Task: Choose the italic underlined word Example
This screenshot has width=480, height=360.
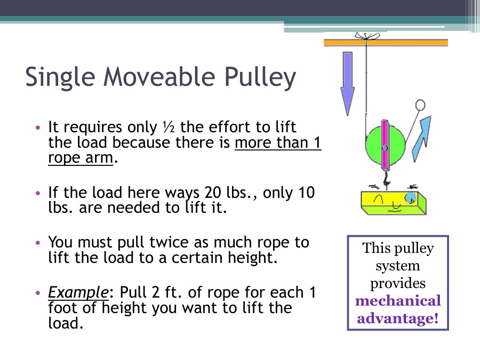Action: [x=78, y=292]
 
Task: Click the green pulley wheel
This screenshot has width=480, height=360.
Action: [x=373, y=144]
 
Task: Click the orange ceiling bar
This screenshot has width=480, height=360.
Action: [x=386, y=43]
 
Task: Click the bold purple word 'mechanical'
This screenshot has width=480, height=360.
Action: [x=398, y=301]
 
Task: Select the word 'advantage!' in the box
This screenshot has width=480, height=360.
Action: [x=398, y=318]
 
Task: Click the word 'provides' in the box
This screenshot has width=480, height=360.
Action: [x=398, y=283]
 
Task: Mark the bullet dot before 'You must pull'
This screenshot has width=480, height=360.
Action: [x=37, y=243]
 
